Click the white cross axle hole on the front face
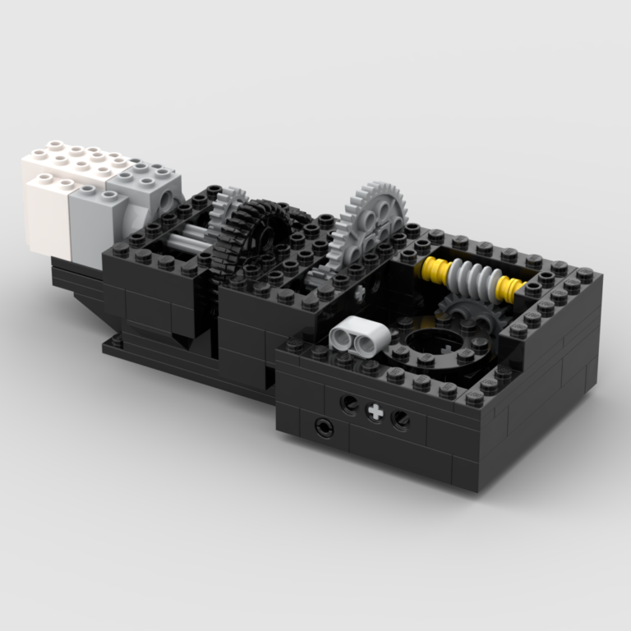pyautogui.click(x=375, y=412)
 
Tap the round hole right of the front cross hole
pyautogui.click(x=401, y=420)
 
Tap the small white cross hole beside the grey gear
pyautogui.click(x=362, y=291)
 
